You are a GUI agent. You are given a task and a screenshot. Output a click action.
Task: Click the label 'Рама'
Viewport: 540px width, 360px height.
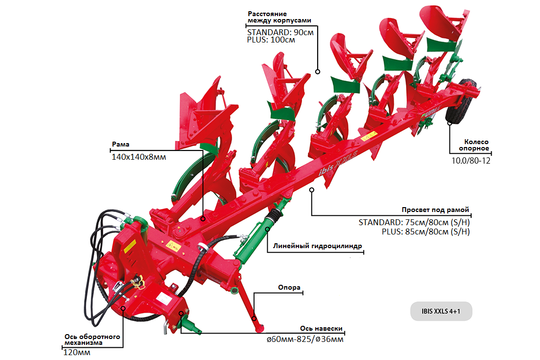pyautogui.click(x=119, y=145)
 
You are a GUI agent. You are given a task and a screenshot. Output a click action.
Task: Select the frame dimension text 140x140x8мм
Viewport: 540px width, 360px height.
pyautogui.click(x=138, y=157)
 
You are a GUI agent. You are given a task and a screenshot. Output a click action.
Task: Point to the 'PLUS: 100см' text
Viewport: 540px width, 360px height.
pyautogui.click(x=271, y=40)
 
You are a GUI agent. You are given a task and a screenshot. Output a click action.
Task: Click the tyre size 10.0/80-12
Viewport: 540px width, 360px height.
pyautogui.click(x=470, y=160)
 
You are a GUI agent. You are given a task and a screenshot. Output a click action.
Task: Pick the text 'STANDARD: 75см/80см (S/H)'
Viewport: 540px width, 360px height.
pyautogui.click(x=414, y=222)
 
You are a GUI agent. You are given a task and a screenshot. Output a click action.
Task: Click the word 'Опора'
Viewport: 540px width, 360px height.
pyautogui.click(x=289, y=288)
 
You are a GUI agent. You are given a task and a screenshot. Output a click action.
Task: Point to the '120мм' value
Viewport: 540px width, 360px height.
pyautogui.click(x=77, y=352)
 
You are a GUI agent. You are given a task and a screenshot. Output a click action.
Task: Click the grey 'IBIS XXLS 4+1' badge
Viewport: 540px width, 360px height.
pyautogui.click(x=441, y=311)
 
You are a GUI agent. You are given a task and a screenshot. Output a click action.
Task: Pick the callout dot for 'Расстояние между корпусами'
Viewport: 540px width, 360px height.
pyautogui.click(x=317, y=71)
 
